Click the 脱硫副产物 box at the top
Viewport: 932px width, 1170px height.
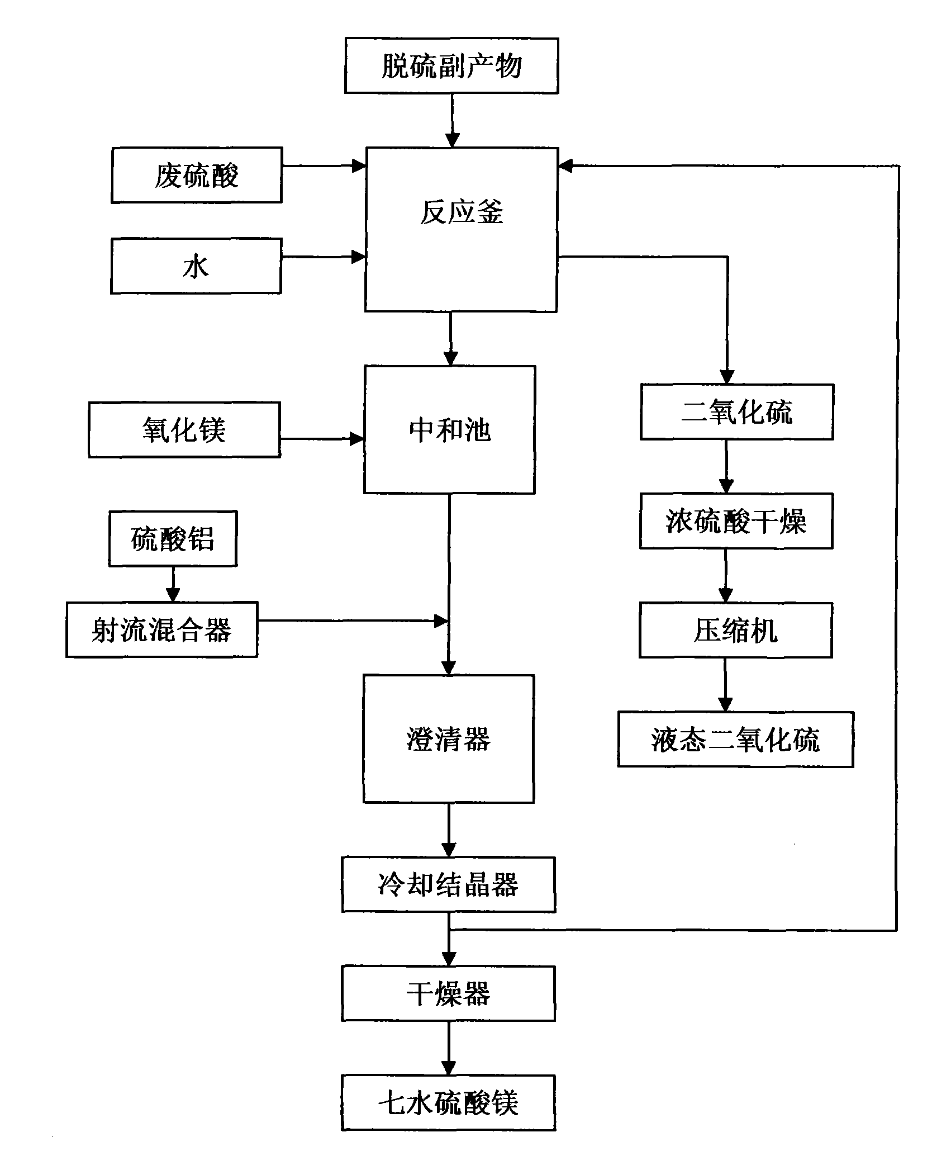click(451, 66)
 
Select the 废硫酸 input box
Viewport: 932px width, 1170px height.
click(197, 175)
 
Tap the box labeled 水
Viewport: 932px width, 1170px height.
click(196, 266)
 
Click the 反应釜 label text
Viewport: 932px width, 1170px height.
click(462, 212)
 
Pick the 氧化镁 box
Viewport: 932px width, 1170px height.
click(184, 430)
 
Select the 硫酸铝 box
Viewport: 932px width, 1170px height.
click(173, 538)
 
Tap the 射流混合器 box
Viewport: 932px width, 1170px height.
click(162, 630)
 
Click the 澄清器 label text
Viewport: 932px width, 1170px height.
click(448, 739)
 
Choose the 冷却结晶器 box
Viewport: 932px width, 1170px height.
click(449, 885)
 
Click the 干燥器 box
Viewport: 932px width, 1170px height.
click(449, 994)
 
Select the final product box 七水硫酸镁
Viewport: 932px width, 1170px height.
click(449, 1103)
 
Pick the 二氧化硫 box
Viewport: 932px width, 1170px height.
click(736, 412)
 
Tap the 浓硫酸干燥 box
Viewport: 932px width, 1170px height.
click(736, 521)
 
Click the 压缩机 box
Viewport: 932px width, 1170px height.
click(735, 630)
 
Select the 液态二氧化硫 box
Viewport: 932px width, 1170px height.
click(735, 739)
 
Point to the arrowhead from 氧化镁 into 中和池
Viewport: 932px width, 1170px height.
click(356, 439)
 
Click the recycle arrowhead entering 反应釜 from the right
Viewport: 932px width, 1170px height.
click(566, 165)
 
